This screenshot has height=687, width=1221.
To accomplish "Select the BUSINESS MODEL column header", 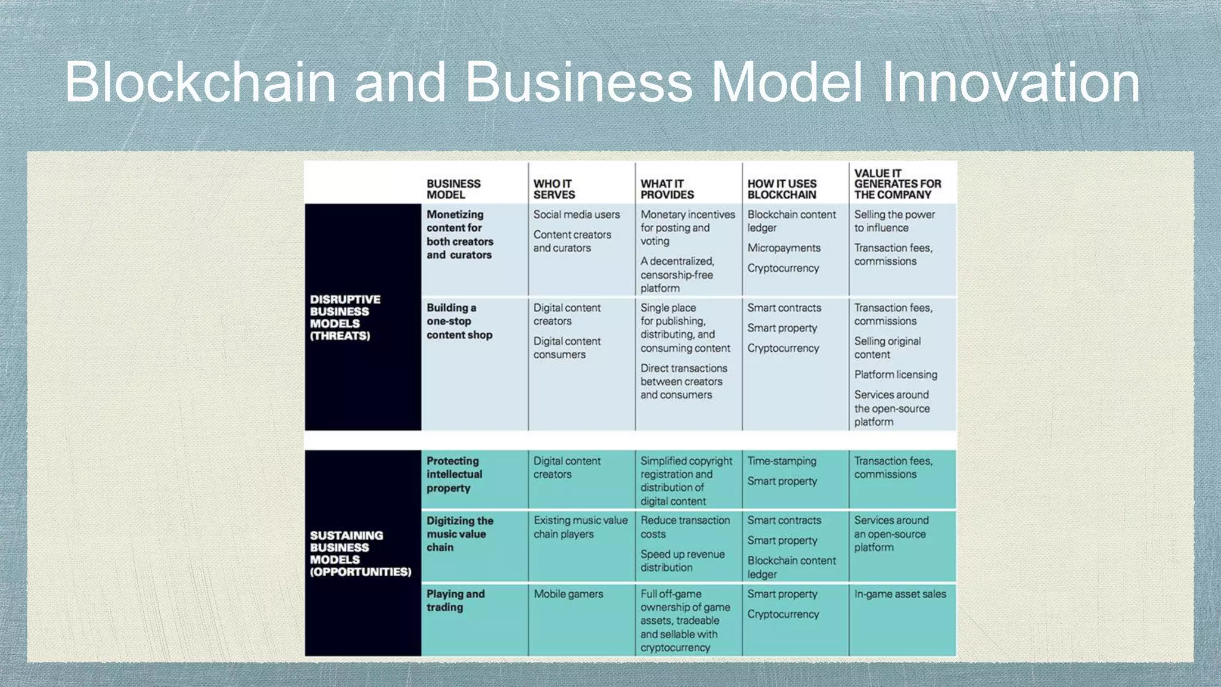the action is [453, 189].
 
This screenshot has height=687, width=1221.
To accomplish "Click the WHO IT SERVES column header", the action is [554, 189].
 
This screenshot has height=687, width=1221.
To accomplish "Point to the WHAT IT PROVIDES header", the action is [667, 189].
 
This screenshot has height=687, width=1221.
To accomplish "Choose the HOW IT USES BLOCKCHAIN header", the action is [782, 189].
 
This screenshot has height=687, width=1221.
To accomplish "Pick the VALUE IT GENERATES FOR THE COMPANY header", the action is [897, 184].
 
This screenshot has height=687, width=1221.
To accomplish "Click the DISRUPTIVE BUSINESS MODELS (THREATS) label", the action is [345, 317].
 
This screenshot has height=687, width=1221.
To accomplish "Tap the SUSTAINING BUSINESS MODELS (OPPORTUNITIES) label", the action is [360, 553].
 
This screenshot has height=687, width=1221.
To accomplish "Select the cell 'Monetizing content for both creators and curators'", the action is [459, 234].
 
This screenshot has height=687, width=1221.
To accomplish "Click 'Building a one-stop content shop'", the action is [459, 321].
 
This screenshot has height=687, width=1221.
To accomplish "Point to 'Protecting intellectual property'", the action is [454, 474].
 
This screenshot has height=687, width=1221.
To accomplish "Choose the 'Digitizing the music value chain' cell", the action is [459, 534].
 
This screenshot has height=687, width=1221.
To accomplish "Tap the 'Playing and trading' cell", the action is [455, 601].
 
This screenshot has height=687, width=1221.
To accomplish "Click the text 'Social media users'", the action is [577, 215].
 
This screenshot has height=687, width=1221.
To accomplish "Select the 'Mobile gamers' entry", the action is [568, 594].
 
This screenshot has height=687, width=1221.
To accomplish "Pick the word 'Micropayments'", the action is [784, 248].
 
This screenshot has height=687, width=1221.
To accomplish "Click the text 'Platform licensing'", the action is [895, 375].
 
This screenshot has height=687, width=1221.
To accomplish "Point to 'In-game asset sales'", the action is [900, 594].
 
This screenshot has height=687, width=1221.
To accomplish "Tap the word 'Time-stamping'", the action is [782, 461].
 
